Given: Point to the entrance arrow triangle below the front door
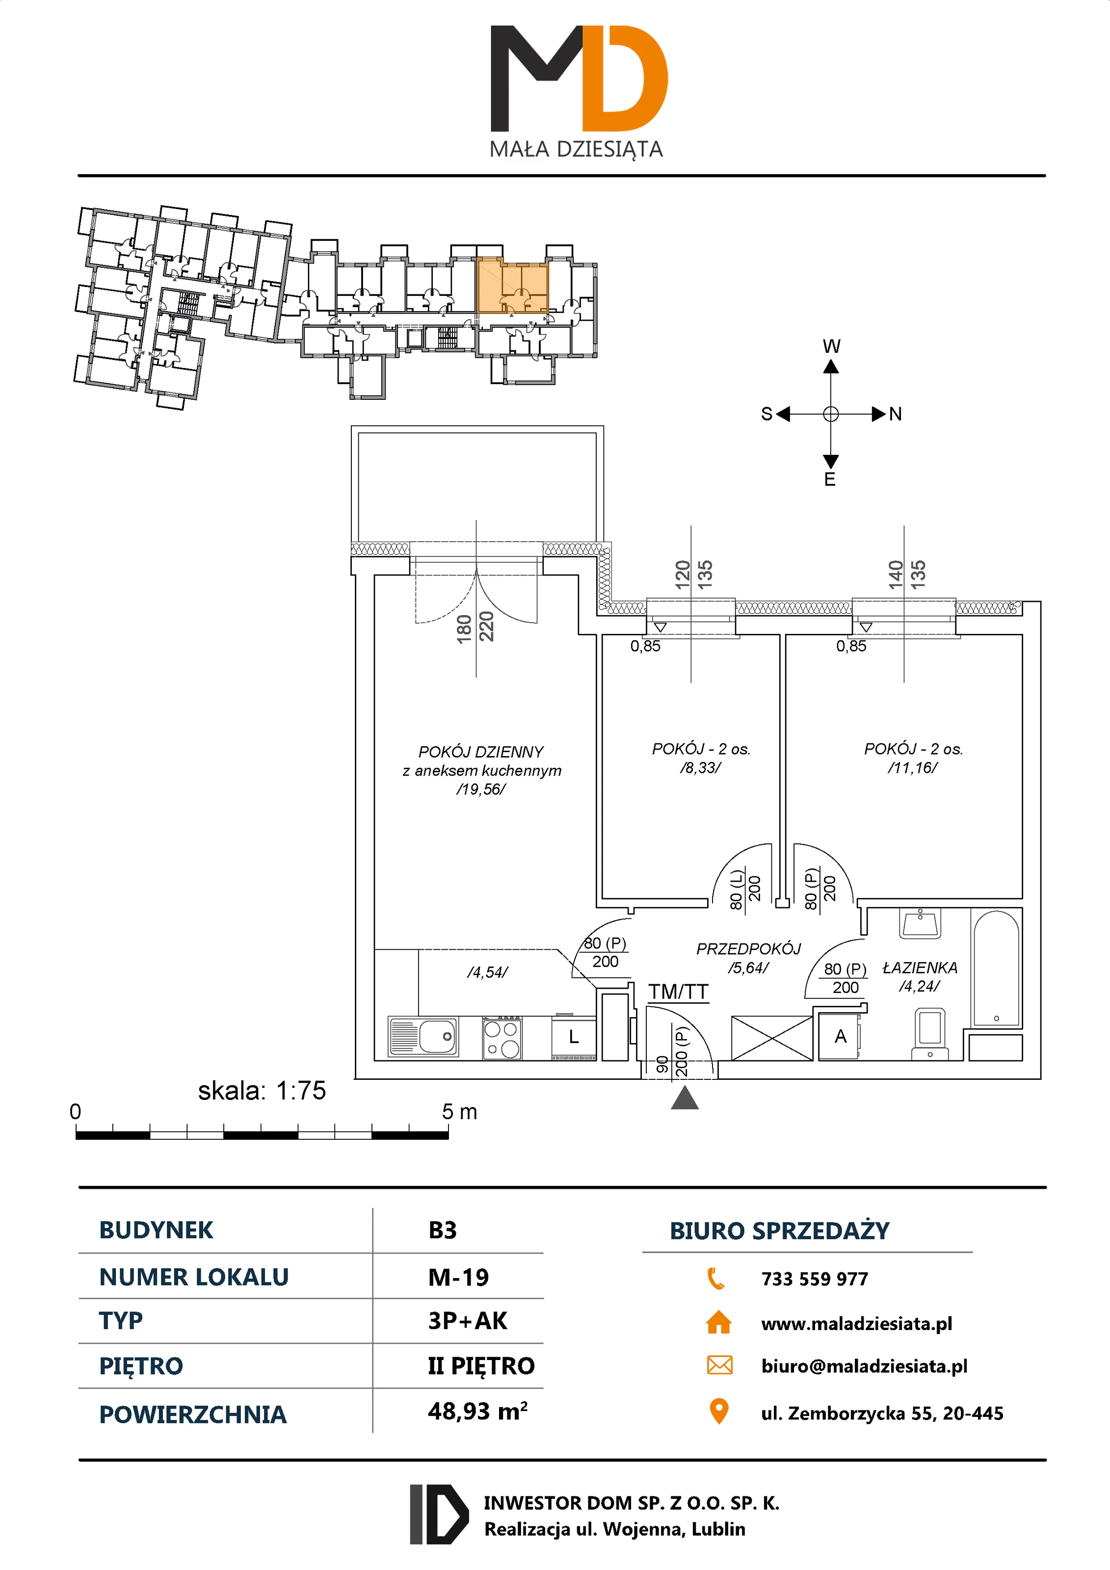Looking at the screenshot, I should [x=685, y=1098].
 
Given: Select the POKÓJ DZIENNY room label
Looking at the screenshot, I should [x=481, y=752].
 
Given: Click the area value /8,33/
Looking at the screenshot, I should [x=700, y=768].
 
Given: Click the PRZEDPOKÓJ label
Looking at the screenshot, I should [x=748, y=949].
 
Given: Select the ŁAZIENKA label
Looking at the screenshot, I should [x=920, y=968].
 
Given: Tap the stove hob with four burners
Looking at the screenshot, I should [x=502, y=1037].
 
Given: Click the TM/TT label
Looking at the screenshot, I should [x=678, y=992].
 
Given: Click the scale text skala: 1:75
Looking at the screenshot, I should [x=262, y=1091].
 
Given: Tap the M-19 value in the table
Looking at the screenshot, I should [x=458, y=1277].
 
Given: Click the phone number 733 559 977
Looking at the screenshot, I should [x=815, y=1279].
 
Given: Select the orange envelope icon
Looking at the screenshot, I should [x=719, y=1365].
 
